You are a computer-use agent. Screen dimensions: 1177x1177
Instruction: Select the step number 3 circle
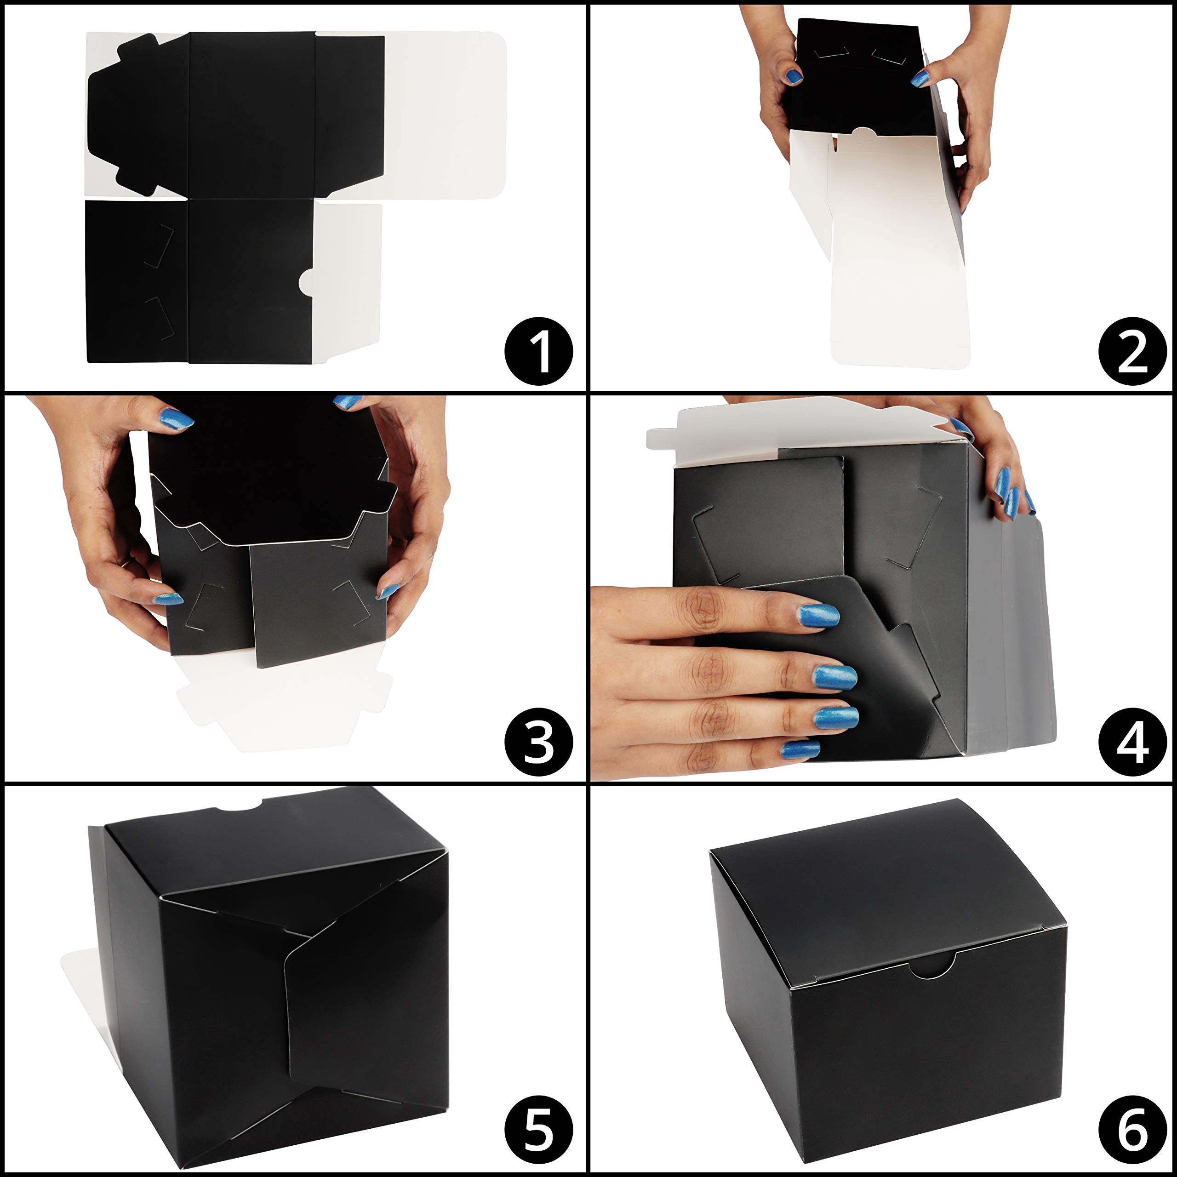(x=538, y=742)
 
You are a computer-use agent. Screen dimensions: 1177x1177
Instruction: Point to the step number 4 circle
(x=1132, y=742)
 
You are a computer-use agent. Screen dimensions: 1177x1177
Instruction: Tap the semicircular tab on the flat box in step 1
(x=308, y=281)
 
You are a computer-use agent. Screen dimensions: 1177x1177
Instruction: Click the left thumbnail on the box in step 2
(x=793, y=76)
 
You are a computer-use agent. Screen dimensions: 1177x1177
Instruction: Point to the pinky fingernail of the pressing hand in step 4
(x=800, y=750)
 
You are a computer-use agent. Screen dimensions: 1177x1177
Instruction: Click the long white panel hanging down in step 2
(x=896, y=256)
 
